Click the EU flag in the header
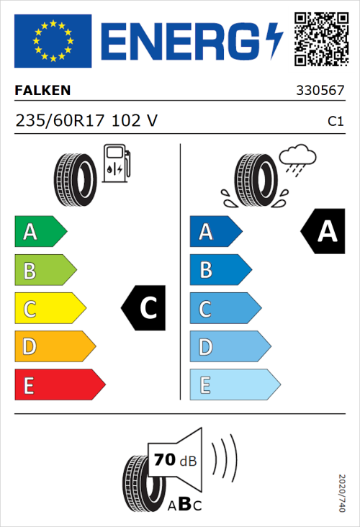tap(53, 40)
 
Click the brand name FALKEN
tap(43, 91)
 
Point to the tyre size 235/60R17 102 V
tap(86, 121)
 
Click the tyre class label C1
tap(335, 122)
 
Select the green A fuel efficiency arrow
tap(40, 232)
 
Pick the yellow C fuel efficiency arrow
tap(49, 309)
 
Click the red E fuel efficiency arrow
tap(59, 385)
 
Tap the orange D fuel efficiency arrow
tap(54, 347)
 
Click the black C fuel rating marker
tap(145, 309)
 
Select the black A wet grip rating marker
tap(322, 232)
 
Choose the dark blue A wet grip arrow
tap(215, 232)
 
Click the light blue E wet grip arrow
tap(234, 385)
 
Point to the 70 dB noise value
tap(171, 459)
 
